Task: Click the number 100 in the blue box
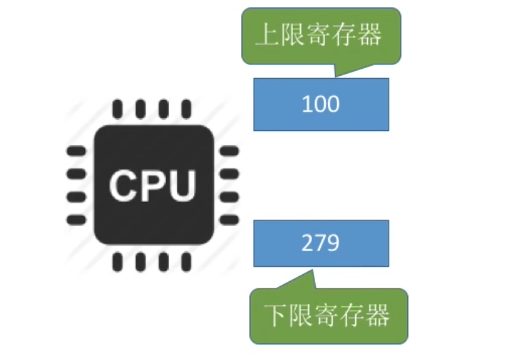pyautogui.click(x=321, y=104)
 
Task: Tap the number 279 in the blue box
pyautogui.click(x=321, y=243)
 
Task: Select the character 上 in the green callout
pyautogui.click(x=267, y=37)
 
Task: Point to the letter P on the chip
pyautogui.click(x=154, y=185)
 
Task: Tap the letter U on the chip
pyautogui.click(x=183, y=185)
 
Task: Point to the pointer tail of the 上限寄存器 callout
pyautogui.click(x=339, y=72)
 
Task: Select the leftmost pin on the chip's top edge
pyautogui.click(x=118, y=109)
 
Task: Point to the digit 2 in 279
pyautogui.click(x=308, y=243)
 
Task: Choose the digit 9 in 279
pyautogui.click(x=333, y=243)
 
